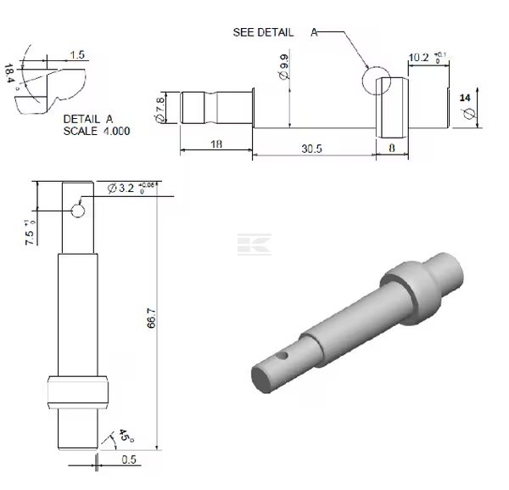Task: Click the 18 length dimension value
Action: [216, 144]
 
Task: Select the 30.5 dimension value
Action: [311, 149]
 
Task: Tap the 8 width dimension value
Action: [392, 148]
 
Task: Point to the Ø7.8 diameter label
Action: [160, 110]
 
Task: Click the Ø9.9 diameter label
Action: [283, 67]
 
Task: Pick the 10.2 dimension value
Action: [418, 58]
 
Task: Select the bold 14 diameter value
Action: [465, 98]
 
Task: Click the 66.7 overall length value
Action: [152, 318]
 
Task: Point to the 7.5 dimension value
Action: [29, 238]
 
